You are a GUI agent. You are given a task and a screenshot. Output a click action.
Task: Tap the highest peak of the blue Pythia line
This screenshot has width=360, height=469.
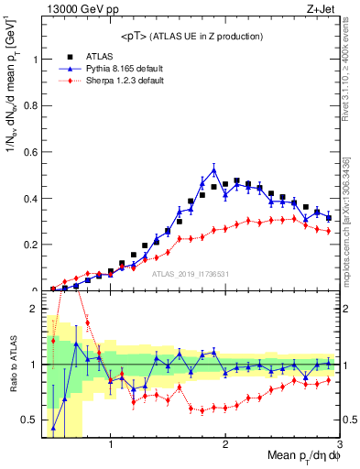(x=214, y=169)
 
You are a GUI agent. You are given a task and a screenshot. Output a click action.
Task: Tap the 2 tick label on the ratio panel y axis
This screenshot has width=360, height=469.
(x=37, y=309)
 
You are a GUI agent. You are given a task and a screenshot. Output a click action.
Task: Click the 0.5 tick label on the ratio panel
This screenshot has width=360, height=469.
(x=32, y=420)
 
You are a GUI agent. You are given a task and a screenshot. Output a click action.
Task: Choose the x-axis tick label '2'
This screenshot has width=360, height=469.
(x=225, y=443)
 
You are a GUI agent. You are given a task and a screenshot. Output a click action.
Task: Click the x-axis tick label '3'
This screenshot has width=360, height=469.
(x=339, y=443)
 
